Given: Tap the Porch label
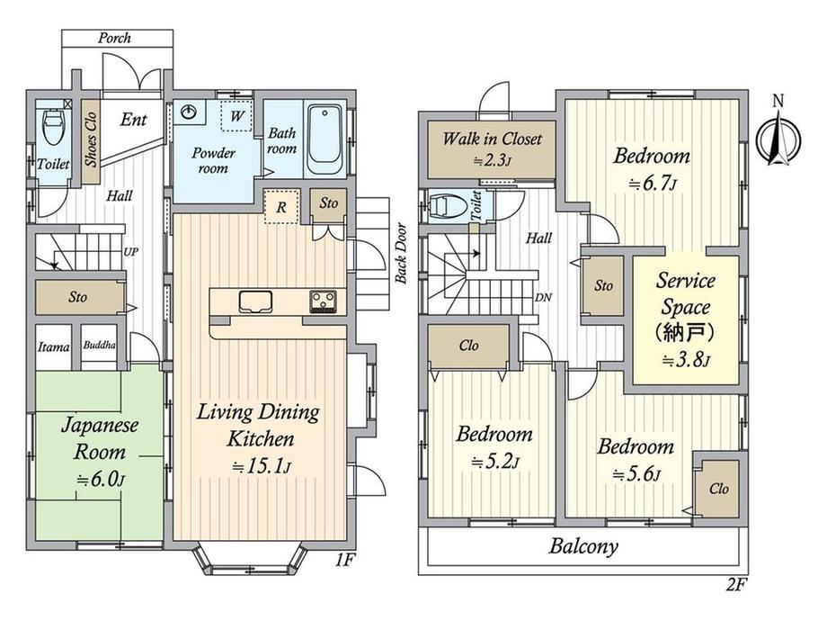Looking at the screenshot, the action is [x=114, y=38].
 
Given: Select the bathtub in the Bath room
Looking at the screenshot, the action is [x=325, y=139].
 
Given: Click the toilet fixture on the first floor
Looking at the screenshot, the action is [x=54, y=126].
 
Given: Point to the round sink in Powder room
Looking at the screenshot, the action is [x=188, y=112].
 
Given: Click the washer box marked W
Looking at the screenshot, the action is [x=236, y=115].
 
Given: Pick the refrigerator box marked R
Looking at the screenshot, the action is [x=281, y=206].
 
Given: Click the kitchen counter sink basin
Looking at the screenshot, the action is [x=255, y=301].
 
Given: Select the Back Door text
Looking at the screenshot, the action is [x=401, y=254].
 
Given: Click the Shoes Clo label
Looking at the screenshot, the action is [x=92, y=139].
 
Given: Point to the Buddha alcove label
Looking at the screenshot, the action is [x=99, y=346].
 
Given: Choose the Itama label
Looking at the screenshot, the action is [x=53, y=346].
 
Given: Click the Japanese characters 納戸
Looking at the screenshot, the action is [x=685, y=332].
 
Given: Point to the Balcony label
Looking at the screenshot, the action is [x=583, y=546].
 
